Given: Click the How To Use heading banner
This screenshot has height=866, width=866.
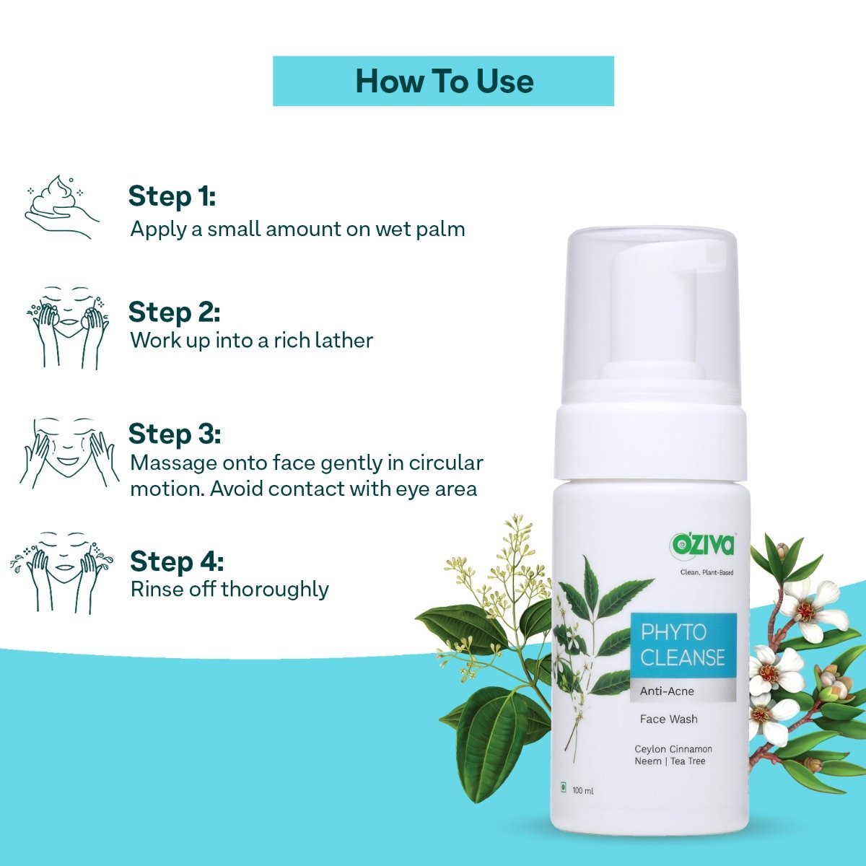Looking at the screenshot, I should point(443,81).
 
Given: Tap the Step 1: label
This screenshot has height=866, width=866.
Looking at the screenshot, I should point(172,196).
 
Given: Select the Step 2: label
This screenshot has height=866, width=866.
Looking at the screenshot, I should point(174,312).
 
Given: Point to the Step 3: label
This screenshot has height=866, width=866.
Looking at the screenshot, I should point(174,434).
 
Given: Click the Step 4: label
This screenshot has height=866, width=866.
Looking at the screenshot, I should point(177,561).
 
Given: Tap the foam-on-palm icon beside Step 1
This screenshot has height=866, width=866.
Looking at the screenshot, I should point(61,206).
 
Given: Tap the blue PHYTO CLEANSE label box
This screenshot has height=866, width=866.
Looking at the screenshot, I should point(683,645).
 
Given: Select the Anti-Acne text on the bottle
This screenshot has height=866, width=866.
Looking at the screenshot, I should point(667,691).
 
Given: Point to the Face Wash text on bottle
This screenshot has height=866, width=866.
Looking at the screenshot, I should point(668,719).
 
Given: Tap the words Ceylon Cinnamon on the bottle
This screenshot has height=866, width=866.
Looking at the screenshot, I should point(673,749).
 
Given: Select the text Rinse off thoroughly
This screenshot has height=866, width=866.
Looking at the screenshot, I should point(229,589).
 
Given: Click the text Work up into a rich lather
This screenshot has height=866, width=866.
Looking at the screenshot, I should point(251,340).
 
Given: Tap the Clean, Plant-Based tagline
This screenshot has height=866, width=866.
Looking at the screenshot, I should point(707,573).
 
